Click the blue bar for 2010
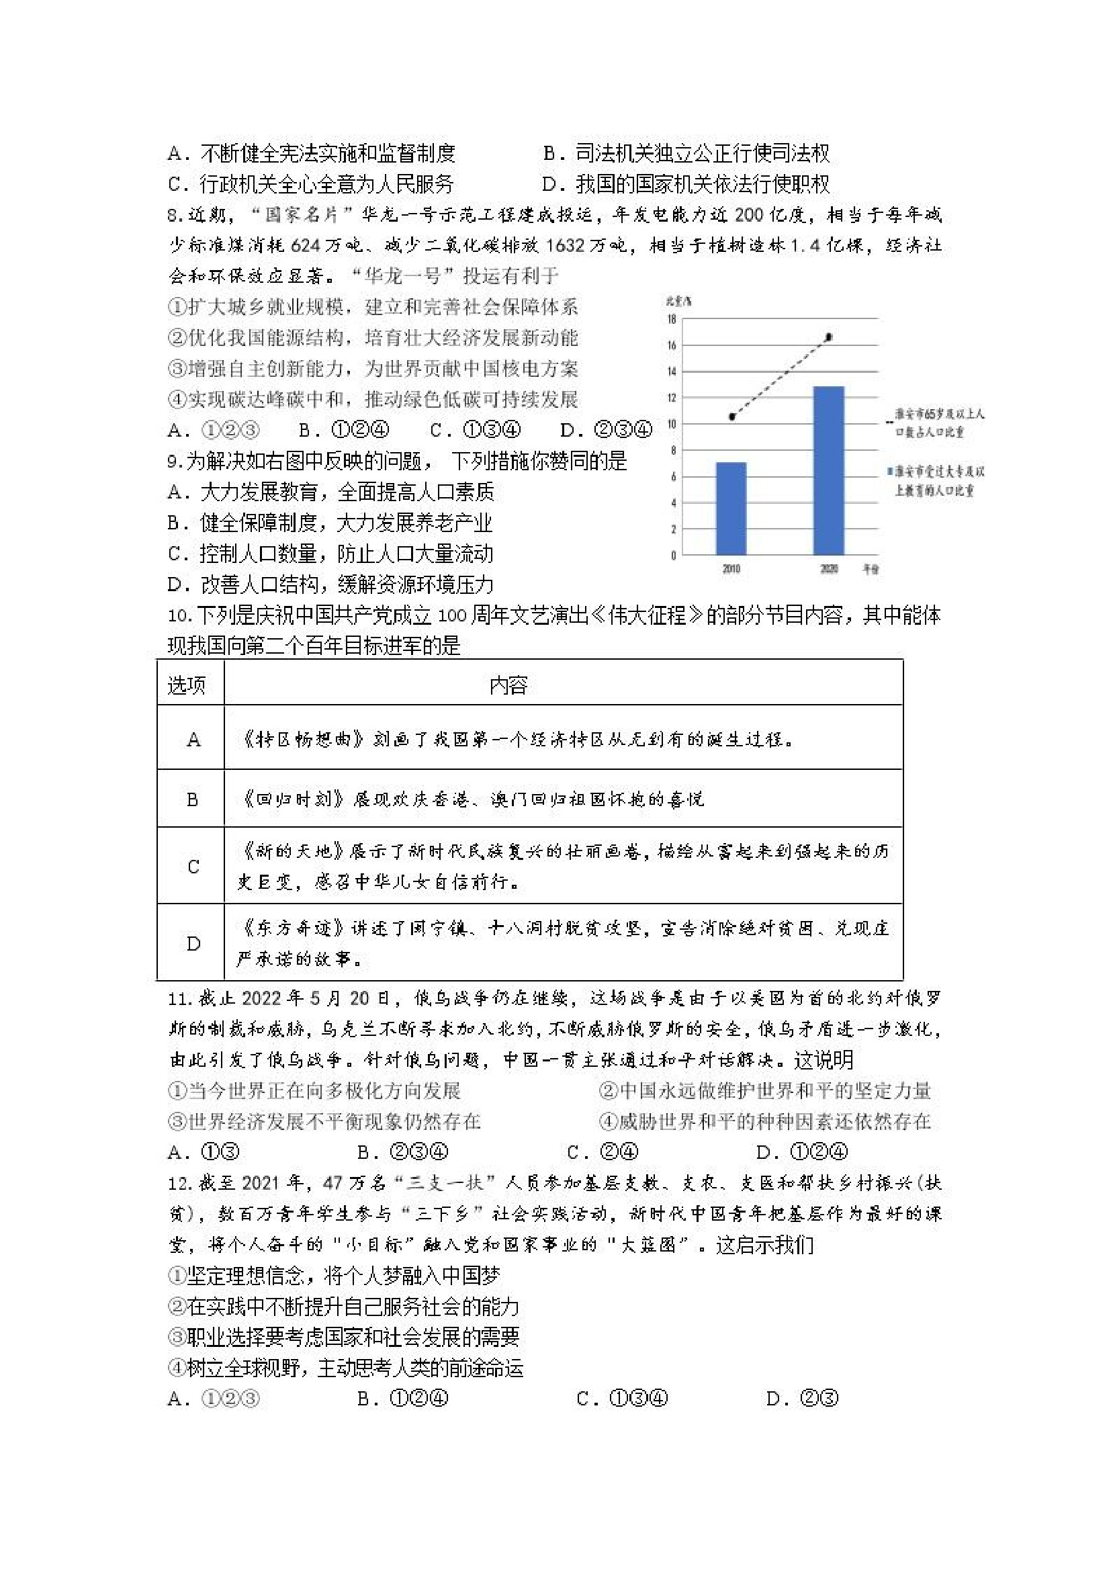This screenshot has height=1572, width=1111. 730,508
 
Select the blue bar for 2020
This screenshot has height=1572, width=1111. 828,470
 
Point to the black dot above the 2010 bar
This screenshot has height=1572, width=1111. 731,417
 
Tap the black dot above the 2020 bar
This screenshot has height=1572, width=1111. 829,337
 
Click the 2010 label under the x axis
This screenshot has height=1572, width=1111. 730,569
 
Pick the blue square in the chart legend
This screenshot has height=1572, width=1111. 890,472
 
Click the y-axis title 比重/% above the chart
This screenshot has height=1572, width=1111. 678,300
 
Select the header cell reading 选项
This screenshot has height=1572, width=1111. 186,685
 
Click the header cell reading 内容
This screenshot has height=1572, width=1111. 508,685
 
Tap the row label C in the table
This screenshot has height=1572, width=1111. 193,867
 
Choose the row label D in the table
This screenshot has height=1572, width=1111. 193,944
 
